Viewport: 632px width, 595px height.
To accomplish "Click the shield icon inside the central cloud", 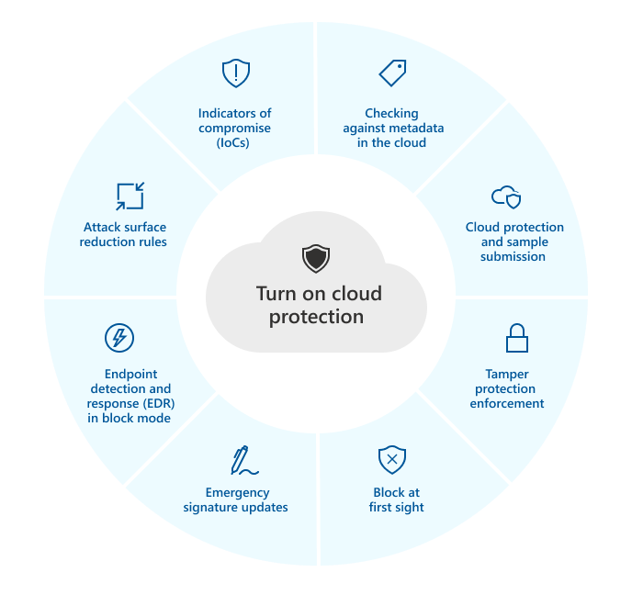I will click(316, 259).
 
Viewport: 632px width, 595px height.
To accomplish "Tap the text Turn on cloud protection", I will click(317, 306).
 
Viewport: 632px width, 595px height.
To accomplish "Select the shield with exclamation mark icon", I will click(236, 73).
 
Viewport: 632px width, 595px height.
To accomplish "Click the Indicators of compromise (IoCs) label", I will click(235, 128).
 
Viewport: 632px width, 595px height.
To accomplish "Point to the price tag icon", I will click(392, 73).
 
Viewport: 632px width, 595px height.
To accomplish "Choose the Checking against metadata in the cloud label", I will click(391, 129).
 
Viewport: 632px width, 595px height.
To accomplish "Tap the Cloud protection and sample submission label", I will click(514, 241).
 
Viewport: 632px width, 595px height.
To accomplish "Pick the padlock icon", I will click(517, 338).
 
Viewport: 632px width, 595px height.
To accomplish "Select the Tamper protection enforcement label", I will click(507, 388).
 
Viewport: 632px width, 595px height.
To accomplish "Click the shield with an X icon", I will click(392, 458).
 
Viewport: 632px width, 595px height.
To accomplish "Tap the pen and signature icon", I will click(243, 460).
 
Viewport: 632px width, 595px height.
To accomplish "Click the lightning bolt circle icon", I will click(118, 338).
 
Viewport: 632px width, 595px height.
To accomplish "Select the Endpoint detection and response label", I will click(130, 396).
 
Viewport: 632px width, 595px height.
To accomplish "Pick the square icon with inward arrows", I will click(130, 196).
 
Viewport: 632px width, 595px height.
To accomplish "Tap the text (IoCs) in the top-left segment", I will click(235, 142).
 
